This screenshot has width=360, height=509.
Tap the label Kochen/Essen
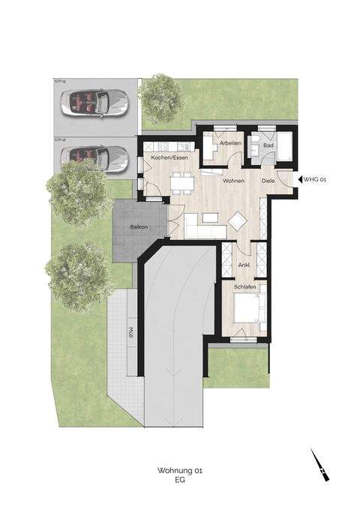coord(170,157)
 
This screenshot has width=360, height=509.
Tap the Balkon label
coord(137,228)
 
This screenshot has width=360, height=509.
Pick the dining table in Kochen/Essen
coord(180,180)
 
